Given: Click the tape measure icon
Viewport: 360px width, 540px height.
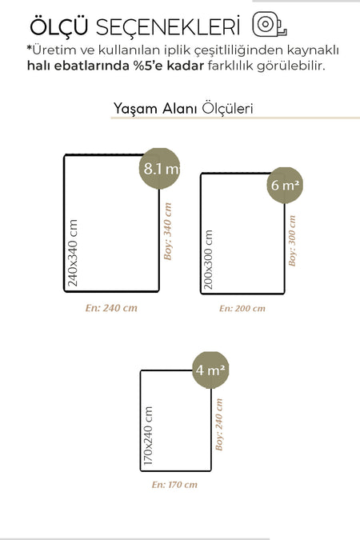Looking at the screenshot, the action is (270, 25).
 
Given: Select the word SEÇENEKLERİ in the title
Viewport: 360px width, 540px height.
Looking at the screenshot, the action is (168, 26).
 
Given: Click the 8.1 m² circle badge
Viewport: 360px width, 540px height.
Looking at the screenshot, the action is (159, 169).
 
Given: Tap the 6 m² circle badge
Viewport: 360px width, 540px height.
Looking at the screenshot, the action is (285, 186).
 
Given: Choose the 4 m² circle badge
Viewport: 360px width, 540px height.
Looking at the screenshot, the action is (210, 370).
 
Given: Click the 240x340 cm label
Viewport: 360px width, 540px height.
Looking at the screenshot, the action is (73, 253).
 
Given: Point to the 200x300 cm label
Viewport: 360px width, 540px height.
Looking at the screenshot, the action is (208, 260).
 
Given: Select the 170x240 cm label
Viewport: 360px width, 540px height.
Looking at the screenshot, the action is (147, 436).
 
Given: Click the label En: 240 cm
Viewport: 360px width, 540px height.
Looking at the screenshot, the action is (111, 307).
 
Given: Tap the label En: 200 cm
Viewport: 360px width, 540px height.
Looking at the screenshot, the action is (242, 308).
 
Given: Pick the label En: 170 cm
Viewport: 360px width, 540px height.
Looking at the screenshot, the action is (174, 485).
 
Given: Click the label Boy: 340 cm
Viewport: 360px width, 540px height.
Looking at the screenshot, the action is (167, 231).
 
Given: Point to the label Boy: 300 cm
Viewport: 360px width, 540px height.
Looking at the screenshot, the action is (292, 241).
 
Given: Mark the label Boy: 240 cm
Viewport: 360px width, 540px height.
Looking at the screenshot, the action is (219, 425).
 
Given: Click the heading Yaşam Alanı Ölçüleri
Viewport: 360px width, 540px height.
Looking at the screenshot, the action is (183, 108).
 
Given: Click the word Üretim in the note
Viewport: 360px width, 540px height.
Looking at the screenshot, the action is (54, 50).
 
